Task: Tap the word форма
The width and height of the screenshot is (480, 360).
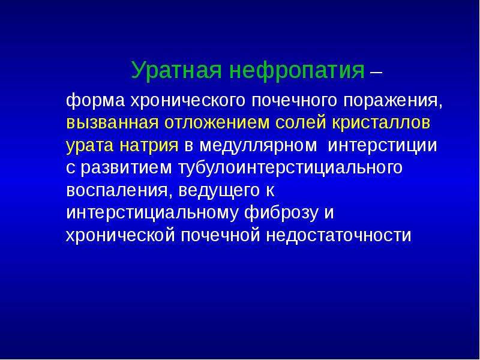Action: coord(89,100)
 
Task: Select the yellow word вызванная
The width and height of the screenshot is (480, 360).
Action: coord(112,123)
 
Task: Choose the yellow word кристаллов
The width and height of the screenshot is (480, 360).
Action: coord(379,123)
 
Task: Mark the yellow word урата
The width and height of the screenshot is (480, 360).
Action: coord(86,146)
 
